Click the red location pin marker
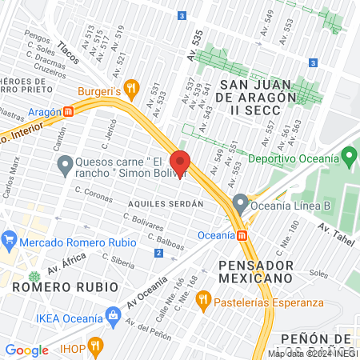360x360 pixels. click(x=180, y=163)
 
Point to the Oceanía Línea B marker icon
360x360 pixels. click(x=239, y=202)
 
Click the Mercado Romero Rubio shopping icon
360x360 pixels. click(x=9, y=238)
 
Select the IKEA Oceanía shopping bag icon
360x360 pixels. click(x=113, y=318)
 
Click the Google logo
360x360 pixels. click(x=26, y=350)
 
